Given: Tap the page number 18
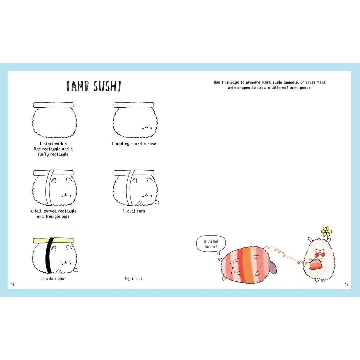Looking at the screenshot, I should click(x=13, y=284).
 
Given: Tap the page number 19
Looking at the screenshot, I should click(x=347, y=284).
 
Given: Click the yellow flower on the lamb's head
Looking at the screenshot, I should click(x=326, y=231).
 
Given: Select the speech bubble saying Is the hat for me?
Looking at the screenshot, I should click(x=211, y=244).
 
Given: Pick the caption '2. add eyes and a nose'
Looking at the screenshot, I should click(x=134, y=144).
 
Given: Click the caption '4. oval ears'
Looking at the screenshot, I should click(x=134, y=211).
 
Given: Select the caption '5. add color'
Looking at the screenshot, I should click(x=53, y=278).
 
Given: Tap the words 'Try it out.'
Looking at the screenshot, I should click(x=134, y=278).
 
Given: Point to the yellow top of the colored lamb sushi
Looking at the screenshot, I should click(x=53, y=240).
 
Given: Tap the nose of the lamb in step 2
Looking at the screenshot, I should click(x=146, y=127).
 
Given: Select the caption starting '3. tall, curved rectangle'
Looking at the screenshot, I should click(x=53, y=214).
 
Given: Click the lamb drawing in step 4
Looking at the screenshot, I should click(x=135, y=188).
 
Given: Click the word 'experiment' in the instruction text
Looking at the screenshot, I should click(x=313, y=82).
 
